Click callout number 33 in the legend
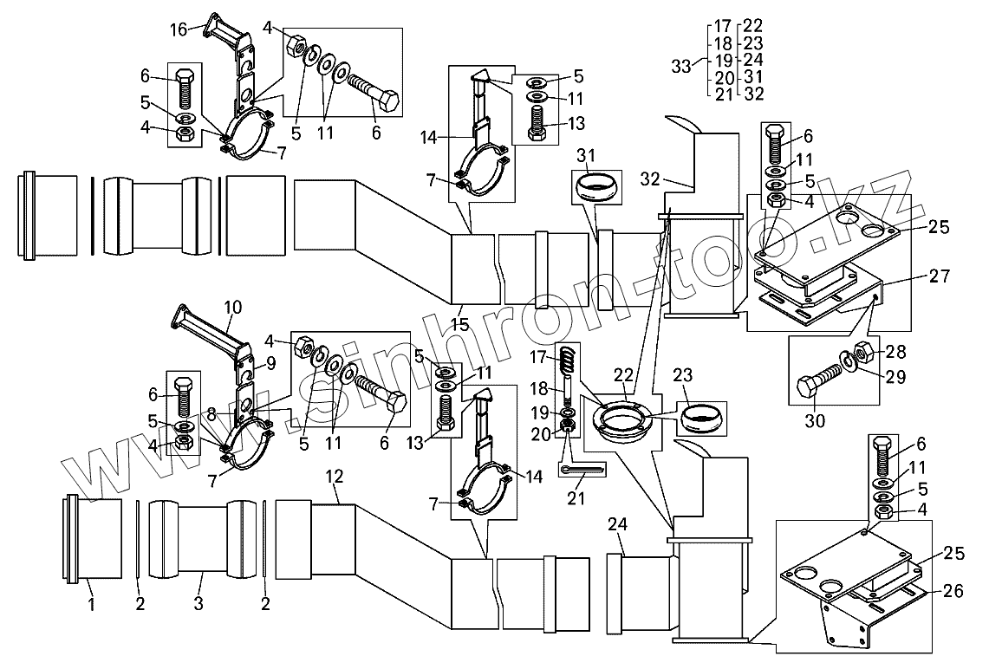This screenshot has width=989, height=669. [681, 66]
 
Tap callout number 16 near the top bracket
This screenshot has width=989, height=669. [179, 29]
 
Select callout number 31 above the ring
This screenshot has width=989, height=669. [586, 155]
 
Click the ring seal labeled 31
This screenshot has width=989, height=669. [597, 187]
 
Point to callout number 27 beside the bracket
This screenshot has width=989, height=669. [940, 276]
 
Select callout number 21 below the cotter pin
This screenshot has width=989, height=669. [576, 498]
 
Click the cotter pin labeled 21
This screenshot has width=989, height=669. [582, 469]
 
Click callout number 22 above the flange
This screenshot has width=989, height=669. [623, 375]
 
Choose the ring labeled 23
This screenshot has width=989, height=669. [700, 418]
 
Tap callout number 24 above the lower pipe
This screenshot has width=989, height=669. [617, 524]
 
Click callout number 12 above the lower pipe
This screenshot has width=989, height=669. [335, 477]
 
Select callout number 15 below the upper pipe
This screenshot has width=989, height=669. [459, 325]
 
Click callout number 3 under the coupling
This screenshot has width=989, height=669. [198, 603]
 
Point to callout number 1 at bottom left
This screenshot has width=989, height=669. [92, 605]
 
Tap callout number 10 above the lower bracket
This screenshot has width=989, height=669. [233, 308]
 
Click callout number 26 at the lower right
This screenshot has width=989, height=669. [953, 591]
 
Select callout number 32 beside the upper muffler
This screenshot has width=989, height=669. [650, 179]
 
